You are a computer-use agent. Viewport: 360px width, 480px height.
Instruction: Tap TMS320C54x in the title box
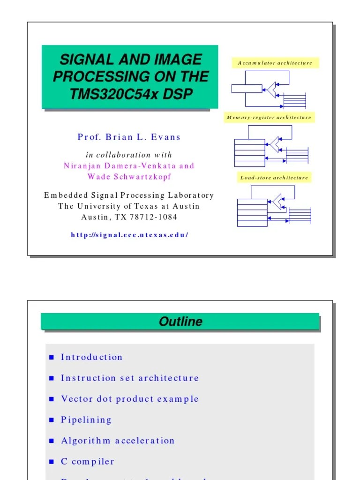tap(115, 94)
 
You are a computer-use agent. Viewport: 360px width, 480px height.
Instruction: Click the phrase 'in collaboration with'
tap(129, 155)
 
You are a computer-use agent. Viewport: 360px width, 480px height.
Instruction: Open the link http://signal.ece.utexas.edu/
tap(129, 235)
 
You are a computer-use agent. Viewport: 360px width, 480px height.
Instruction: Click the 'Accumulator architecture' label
tap(275, 63)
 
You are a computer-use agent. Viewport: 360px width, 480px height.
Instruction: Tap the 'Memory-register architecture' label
tap(269, 118)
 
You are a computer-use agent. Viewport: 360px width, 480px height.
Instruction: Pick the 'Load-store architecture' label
tap(274, 178)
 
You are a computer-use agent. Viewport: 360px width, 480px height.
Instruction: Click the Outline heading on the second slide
tap(180, 322)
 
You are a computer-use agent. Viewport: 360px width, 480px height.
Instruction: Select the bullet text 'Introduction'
tap(91, 357)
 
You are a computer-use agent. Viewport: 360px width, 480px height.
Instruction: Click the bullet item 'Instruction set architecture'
tap(130, 378)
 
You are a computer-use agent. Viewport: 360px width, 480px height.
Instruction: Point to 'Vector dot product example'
tap(130, 399)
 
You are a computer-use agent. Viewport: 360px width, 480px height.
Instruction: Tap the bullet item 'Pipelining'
tap(86, 420)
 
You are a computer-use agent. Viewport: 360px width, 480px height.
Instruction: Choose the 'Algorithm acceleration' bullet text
tap(118, 441)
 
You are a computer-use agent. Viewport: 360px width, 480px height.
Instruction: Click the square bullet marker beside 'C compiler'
tap(52, 462)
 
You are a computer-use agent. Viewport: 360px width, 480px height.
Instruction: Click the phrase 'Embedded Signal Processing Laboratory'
tap(129, 195)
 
